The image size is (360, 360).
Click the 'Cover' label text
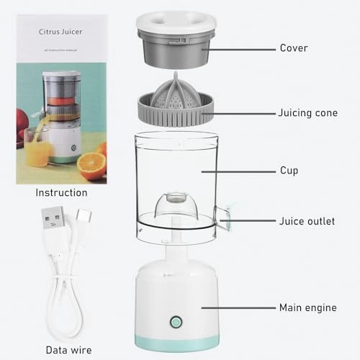click(293, 48)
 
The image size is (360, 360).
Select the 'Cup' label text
click(288, 171)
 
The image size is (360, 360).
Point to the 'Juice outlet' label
click(306, 221)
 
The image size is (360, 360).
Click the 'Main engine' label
click(307, 307)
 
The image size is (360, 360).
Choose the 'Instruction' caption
click(61, 193)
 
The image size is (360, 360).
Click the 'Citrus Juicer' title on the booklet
click(61, 32)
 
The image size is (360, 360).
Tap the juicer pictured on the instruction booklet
click(61, 115)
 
